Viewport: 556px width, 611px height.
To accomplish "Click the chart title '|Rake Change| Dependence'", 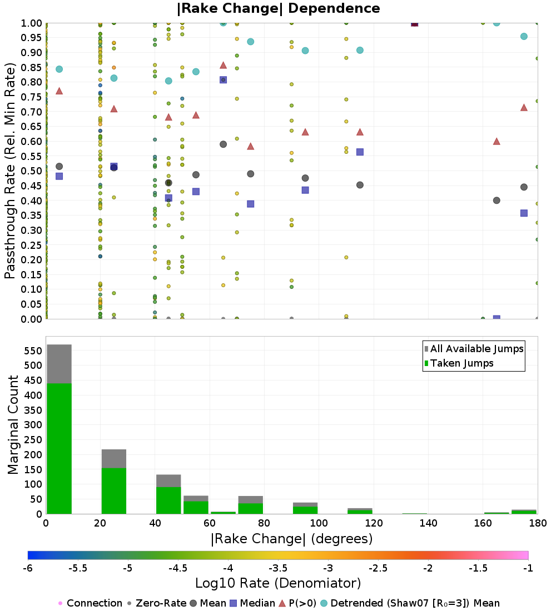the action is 278,8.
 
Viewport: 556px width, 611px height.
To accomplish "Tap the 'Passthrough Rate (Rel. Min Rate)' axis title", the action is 10,171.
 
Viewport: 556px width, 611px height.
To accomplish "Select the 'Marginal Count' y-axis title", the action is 13,425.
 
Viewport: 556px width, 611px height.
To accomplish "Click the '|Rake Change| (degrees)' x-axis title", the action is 292,539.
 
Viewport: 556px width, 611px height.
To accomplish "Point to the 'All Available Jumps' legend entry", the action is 474,349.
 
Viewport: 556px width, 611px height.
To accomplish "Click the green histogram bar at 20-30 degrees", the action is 114,491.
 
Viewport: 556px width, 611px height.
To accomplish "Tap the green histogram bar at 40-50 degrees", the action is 168,500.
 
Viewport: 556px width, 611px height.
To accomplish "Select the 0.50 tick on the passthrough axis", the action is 31,171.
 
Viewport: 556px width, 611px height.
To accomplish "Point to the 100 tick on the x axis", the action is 319,523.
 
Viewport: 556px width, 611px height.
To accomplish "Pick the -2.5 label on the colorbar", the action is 378,568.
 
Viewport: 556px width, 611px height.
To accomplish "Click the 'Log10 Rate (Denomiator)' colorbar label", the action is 278,583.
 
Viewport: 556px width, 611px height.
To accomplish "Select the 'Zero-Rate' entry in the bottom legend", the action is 156,603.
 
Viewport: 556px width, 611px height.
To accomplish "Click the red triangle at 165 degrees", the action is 497,141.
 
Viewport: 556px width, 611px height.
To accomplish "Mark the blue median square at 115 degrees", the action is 360,152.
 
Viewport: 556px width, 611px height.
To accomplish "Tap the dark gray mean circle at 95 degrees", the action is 305,178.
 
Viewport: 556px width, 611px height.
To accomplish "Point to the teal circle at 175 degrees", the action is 524,36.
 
